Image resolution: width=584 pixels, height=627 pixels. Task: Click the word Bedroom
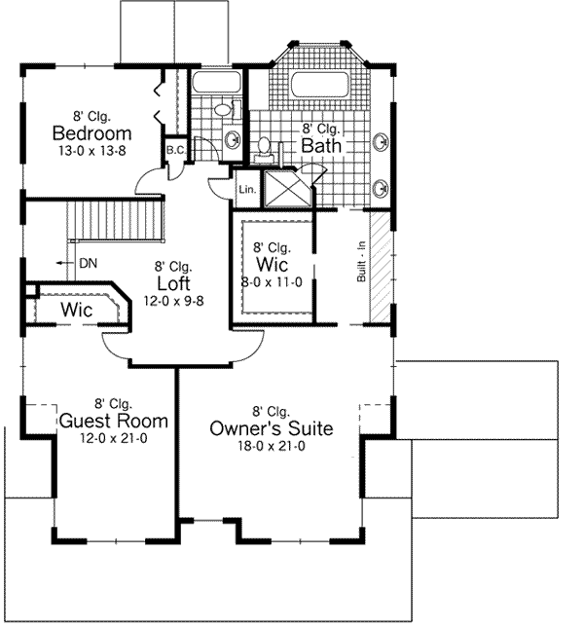(x=92, y=132)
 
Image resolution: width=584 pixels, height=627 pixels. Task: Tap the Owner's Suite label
(x=272, y=428)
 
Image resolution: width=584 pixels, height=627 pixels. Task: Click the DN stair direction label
(x=88, y=263)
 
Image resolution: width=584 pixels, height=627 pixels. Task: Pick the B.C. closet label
(x=176, y=150)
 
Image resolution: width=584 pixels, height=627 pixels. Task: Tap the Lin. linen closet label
(x=245, y=190)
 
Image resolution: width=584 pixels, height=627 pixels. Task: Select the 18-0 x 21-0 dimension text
(x=272, y=446)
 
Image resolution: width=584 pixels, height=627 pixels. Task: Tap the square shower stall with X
(x=287, y=188)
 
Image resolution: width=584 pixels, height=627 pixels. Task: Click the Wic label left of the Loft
(x=77, y=310)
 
